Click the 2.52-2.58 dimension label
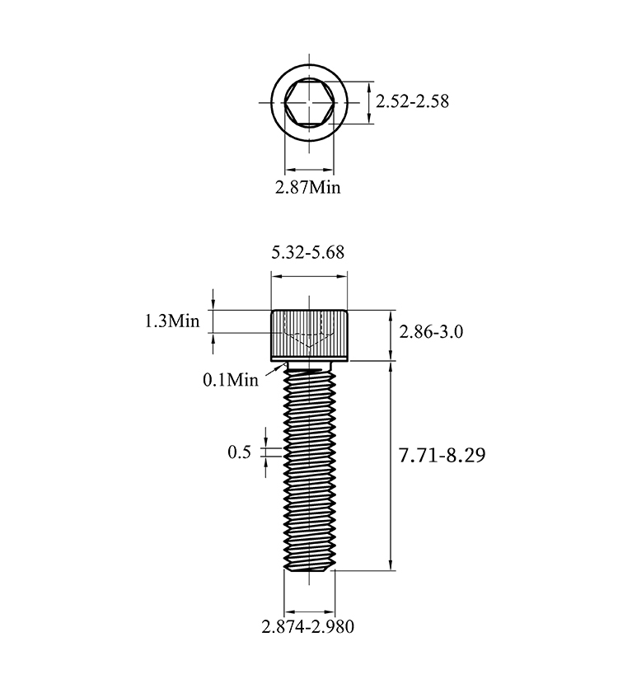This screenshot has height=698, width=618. coord(412,101)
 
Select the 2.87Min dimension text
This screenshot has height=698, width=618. coord(307,187)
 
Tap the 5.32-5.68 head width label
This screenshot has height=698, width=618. coord(308,252)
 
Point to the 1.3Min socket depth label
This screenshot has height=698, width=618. coord(172,321)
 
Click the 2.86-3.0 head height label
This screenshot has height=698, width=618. coord(431,332)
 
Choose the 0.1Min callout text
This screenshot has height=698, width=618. coord(231,380)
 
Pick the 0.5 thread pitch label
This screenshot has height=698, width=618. coord(240,452)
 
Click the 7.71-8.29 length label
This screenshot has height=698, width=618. coord(442,456)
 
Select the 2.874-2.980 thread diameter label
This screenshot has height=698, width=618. coord(308,627)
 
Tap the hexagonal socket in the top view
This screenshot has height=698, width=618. coord(309,103)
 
